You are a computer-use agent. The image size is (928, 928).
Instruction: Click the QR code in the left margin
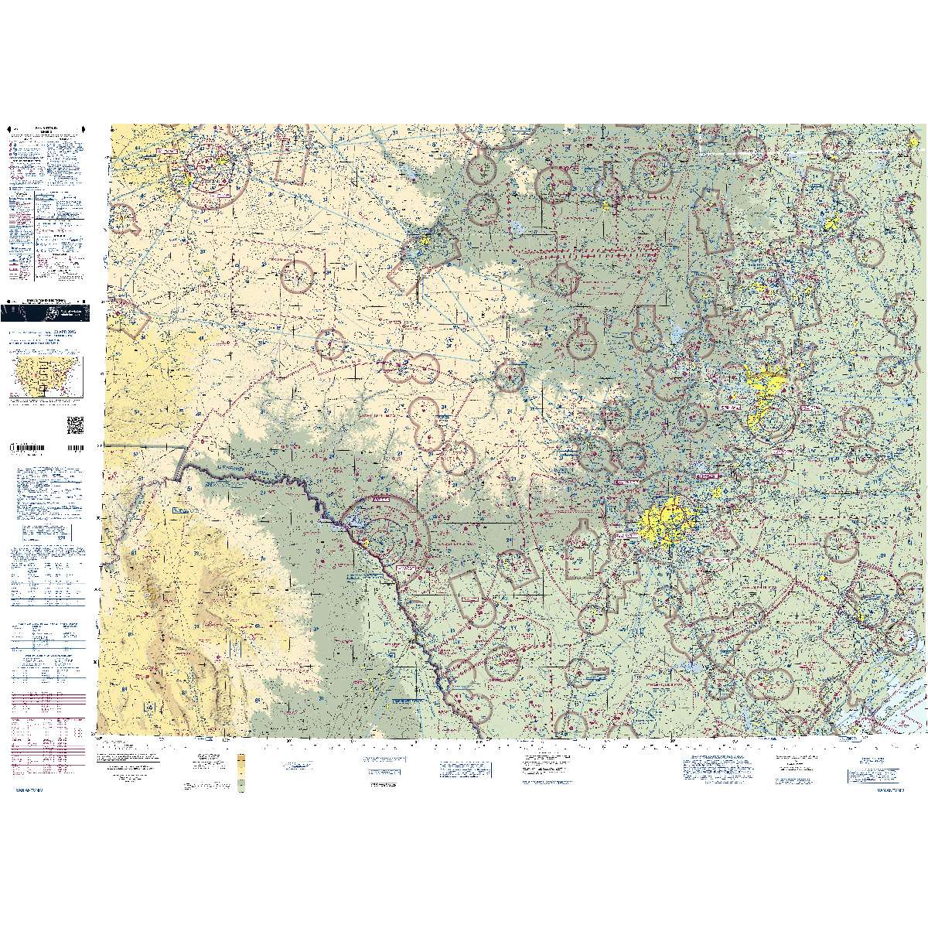pos(75,425)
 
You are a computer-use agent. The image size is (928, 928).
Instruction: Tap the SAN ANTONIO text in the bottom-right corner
pos(896,790)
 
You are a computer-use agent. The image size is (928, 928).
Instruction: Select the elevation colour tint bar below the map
pos(241,773)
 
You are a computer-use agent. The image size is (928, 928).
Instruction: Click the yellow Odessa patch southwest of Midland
pos(188,179)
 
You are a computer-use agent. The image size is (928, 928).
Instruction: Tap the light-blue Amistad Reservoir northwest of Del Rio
pos(354,520)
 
